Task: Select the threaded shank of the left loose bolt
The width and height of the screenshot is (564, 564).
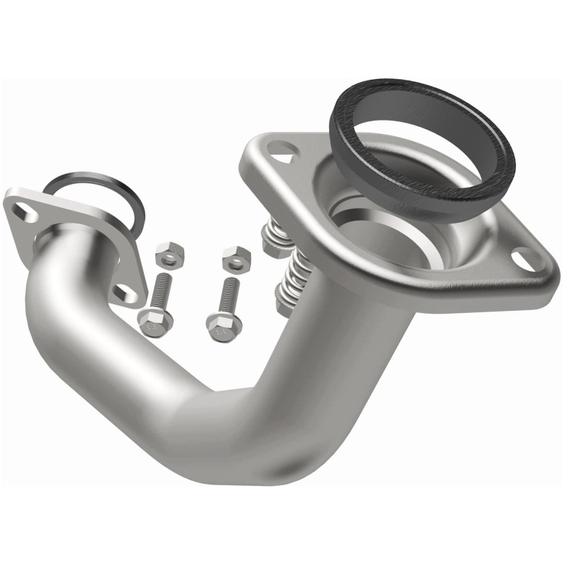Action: click(161, 289)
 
